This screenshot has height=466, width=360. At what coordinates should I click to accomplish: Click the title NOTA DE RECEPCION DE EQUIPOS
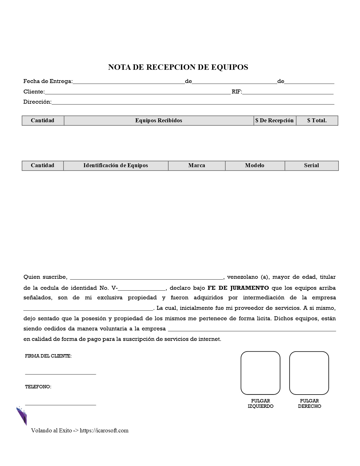[178, 67]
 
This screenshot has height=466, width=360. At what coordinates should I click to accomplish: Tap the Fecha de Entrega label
[48, 81]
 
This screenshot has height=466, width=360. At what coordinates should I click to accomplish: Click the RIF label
[237, 92]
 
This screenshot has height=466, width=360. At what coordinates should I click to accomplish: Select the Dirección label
[37, 102]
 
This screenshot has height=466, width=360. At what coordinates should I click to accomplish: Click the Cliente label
[34, 92]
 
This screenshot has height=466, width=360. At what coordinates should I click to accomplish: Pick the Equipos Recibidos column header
[158, 121]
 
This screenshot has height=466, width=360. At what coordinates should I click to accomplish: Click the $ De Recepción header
[274, 121]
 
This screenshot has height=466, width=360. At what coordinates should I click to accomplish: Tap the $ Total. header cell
[317, 121]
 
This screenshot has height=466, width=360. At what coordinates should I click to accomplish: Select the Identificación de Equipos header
[115, 166]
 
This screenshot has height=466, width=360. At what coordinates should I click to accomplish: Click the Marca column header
[197, 166]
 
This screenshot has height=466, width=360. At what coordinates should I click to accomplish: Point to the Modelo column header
[255, 166]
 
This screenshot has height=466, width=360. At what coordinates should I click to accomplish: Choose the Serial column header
[311, 166]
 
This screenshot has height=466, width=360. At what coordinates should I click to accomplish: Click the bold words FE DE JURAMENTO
[238, 288]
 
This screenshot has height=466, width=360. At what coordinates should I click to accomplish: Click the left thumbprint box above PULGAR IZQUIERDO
[260, 373]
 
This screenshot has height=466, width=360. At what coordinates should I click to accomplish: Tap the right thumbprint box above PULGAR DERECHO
[309, 373]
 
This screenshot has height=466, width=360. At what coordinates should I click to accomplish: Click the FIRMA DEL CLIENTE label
[48, 356]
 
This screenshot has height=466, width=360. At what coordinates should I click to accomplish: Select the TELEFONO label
[38, 387]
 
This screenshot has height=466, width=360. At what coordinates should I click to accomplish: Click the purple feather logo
[22, 416]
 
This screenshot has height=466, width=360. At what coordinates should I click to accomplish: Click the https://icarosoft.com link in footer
[104, 430]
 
